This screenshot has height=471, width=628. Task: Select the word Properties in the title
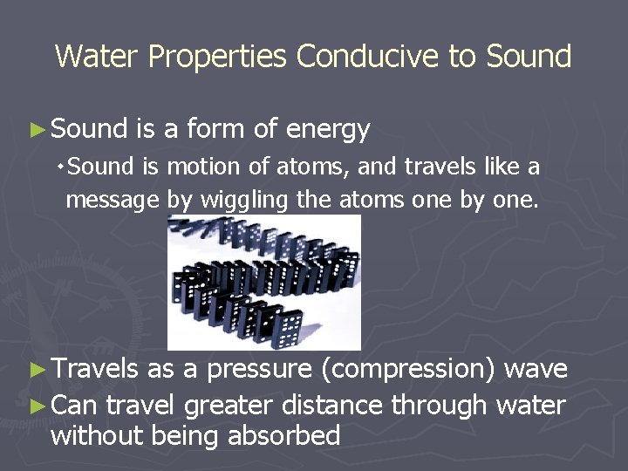pos(217,58)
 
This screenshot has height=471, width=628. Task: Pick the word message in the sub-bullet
pos(113,201)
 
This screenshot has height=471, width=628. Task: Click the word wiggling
pos(245,201)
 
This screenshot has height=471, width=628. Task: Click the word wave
pos(536,369)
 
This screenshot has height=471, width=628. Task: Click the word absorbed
pos(283,435)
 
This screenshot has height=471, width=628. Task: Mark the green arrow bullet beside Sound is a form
pos(36,130)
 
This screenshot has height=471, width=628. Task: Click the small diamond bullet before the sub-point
pos(59,165)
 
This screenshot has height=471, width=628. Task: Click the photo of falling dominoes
pos(263,282)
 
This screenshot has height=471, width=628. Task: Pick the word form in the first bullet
pos(215,130)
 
